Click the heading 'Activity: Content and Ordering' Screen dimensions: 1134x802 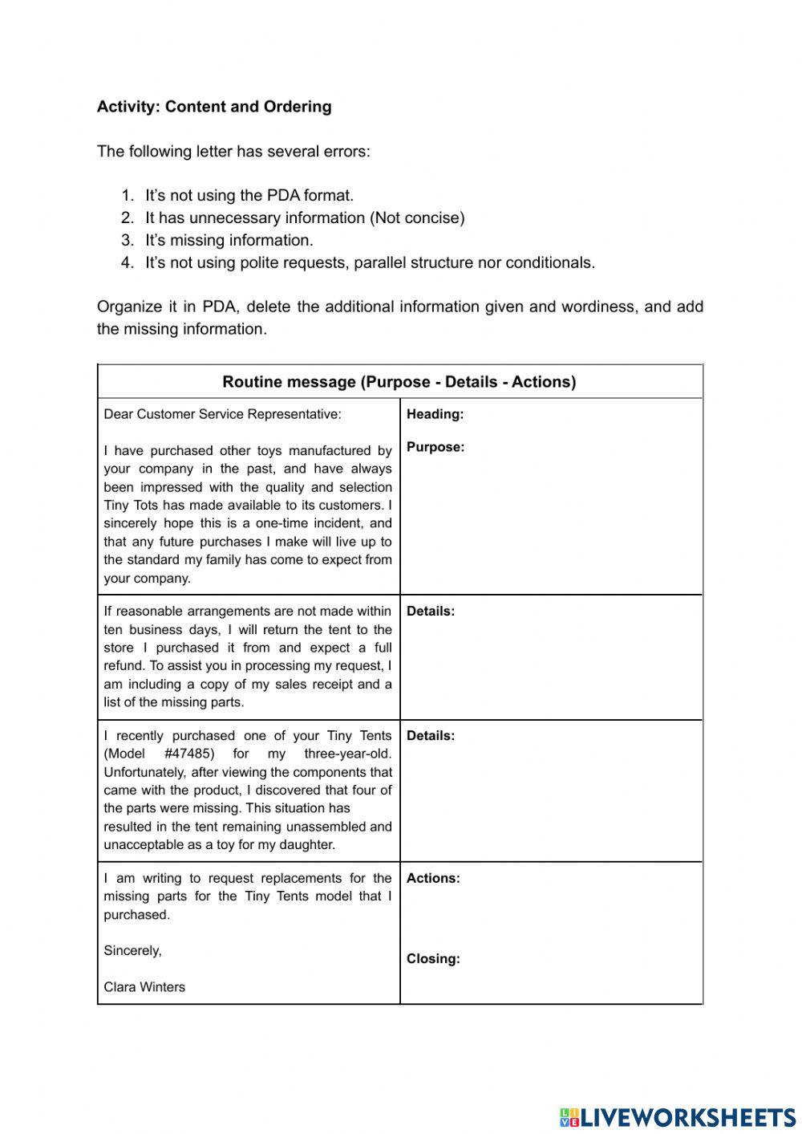pyautogui.click(x=213, y=107)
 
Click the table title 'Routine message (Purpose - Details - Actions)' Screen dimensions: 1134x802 pyautogui.click(x=399, y=382)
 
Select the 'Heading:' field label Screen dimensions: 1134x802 pyautogui.click(x=435, y=415)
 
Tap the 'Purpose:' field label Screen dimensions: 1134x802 pyautogui.click(x=435, y=447)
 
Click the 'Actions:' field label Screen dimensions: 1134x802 pyautogui.click(x=433, y=878)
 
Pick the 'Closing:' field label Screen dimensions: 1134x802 pyautogui.click(x=433, y=958)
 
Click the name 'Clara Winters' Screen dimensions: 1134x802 pyautogui.click(x=144, y=987)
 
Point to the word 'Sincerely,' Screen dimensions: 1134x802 pyautogui.click(x=132, y=951)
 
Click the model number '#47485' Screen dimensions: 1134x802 pyautogui.click(x=189, y=754)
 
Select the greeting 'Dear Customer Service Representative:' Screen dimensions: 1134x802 pyautogui.click(x=222, y=415)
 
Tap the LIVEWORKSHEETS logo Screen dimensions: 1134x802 pyautogui.click(x=678, y=1116)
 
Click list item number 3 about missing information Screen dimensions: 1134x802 pyautogui.click(x=229, y=240)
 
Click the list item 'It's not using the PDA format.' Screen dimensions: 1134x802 pyautogui.click(x=249, y=195)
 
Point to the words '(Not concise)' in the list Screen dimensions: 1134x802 pyautogui.click(x=417, y=217)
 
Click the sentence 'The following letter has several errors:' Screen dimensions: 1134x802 pyautogui.click(x=233, y=152)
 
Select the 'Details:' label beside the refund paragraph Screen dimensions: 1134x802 pyautogui.click(x=430, y=612)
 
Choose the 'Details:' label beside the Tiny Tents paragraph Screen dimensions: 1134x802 pyautogui.click(x=430, y=736)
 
